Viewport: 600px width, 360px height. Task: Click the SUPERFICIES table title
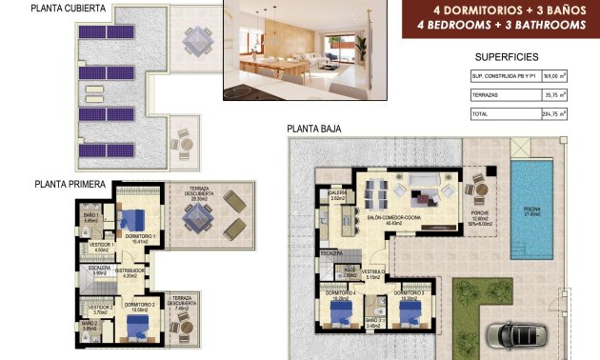click(506, 57)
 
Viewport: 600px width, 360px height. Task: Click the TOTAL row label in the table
click(480, 114)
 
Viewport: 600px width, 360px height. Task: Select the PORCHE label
click(479, 214)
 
